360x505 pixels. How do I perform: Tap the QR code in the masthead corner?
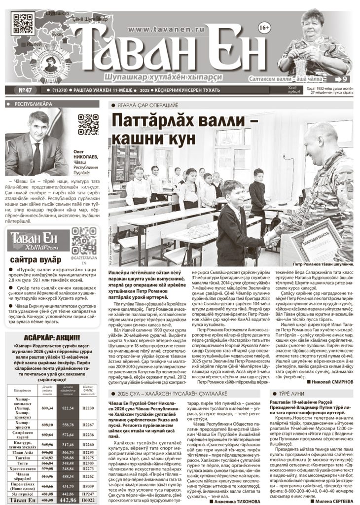point(23,23)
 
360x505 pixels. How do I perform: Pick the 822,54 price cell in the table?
point(68,408)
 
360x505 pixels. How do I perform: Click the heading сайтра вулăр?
point(36,259)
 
